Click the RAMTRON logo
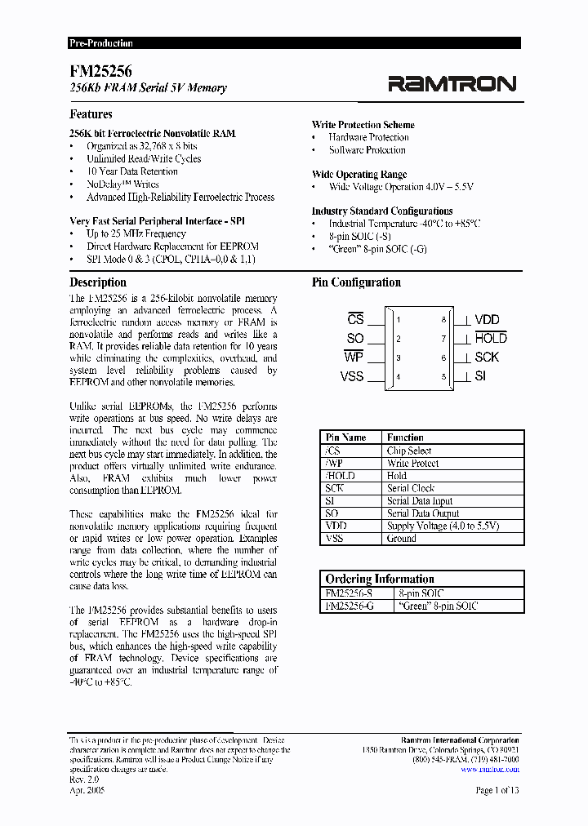click(452, 83)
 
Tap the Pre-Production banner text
click(100, 43)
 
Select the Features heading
click(91, 114)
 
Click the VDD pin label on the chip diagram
click(487, 320)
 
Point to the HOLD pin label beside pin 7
click(491, 338)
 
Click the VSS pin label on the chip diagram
click(352, 376)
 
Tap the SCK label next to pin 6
click(487, 357)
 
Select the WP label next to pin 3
click(354, 357)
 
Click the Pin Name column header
click(346, 437)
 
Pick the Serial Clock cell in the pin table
click(411, 488)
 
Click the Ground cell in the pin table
click(402, 539)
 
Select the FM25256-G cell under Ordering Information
click(350, 606)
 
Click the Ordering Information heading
click(380, 579)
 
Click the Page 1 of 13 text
click(497, 790)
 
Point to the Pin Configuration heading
click(356, 282)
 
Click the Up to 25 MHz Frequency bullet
click(136, 233)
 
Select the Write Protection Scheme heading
click(363, 125)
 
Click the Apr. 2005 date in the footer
click(87, 790)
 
